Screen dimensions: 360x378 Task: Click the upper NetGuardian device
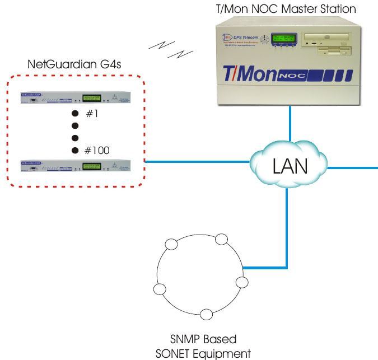pyautogui.click(x=75, y=97)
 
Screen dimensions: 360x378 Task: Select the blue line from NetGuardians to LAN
pyautogui.click(x=196, y=163)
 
